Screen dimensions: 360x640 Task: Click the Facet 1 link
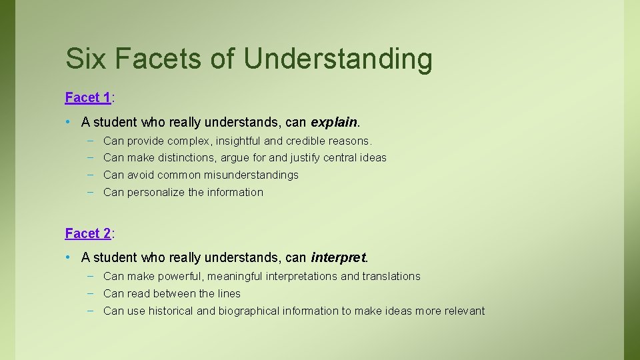click(88, 98)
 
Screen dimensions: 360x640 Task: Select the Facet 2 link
click(88, 234)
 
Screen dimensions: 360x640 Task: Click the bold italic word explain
click(334, 123)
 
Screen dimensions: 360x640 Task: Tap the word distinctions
click(181, 158)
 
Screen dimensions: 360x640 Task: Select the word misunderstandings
click(251, 175)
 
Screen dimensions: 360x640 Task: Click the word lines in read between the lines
click(229, 294)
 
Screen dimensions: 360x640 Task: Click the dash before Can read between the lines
click(89, 293)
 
